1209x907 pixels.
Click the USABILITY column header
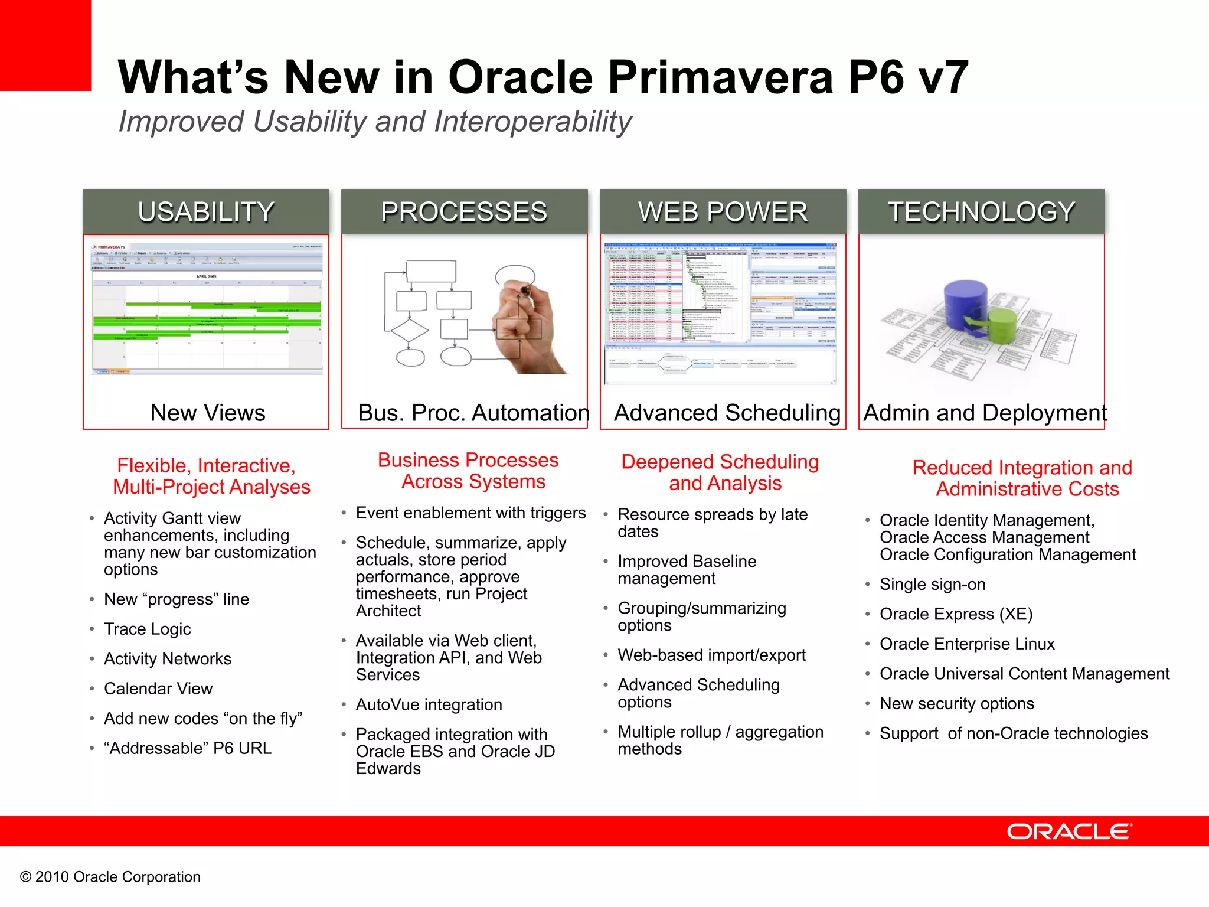[205, 211]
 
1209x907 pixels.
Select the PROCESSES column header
[464, 211]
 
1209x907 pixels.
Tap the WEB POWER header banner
[723, 211]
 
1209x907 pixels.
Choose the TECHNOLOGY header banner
[981, 211]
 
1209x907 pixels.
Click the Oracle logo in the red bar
[1069, 831]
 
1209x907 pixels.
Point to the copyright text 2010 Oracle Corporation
[110, 877]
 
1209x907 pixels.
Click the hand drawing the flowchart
[525, 325]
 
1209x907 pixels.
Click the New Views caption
[207, 413]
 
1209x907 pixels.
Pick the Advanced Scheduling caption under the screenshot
[727, 413]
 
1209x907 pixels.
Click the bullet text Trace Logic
[147, 629]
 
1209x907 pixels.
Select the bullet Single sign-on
[932, 584]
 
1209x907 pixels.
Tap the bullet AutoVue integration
[429, 704]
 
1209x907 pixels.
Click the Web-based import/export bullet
[711, 655]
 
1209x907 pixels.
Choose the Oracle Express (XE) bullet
[956, 614]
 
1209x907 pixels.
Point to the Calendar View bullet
[158, 689]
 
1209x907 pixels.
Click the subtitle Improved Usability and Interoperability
[375, 122]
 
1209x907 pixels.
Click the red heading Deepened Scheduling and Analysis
[720, 472]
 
